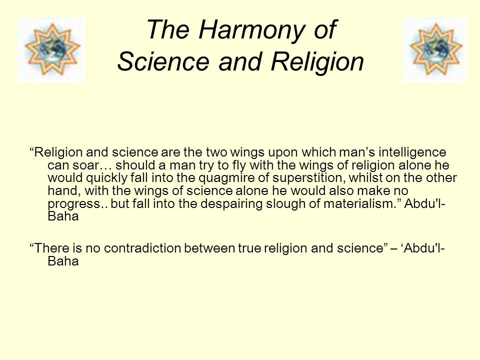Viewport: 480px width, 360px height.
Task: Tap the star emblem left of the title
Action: (x=51, y=49)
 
